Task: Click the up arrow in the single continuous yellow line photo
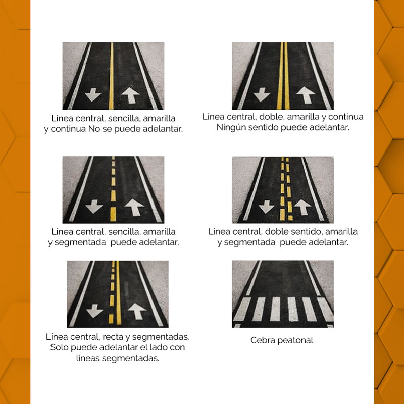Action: click(131, 95)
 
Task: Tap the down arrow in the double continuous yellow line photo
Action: click(262, 94)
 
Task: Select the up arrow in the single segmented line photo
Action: click(134, 207)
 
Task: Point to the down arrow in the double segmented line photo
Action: click(266, 207)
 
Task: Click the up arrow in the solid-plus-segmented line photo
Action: click(137, 311)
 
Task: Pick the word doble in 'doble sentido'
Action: click(275, 232)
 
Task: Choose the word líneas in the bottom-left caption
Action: click(88, 358)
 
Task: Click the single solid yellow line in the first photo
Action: click(111, 76)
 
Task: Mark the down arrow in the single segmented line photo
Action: click(94, 207)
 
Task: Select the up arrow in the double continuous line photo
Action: click(306, 95)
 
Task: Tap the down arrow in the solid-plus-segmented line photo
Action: click(94, 311)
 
